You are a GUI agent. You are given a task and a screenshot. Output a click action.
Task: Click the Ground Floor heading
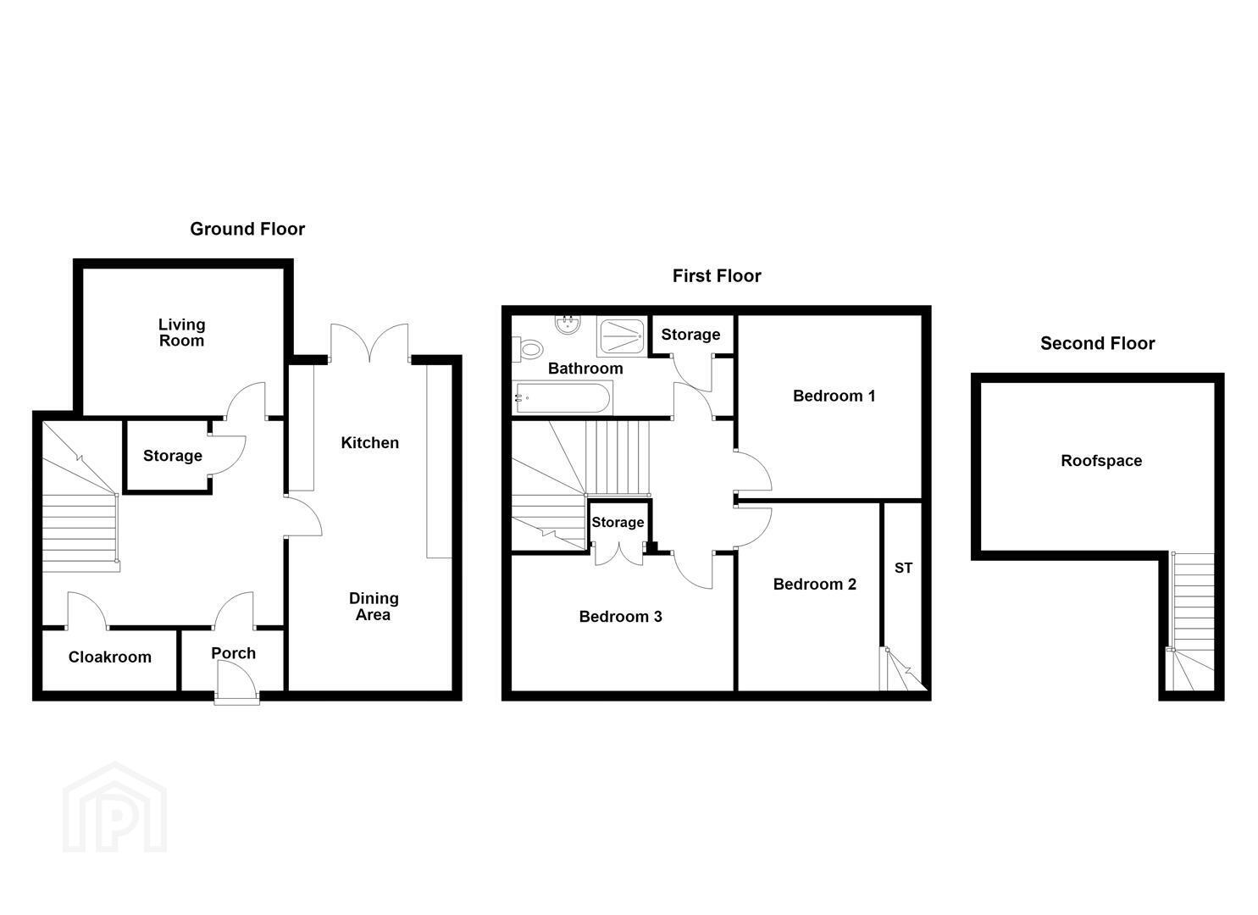coord(247,229)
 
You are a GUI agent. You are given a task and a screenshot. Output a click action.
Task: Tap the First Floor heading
coord(717,276)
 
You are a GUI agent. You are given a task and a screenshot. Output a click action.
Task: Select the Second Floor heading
coord(1097,343)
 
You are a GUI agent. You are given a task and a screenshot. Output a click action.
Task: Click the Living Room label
coord(181,332)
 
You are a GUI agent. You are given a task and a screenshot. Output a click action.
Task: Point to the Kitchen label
coord(369,442)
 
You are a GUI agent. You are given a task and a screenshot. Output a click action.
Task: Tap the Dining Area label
coord(374,606)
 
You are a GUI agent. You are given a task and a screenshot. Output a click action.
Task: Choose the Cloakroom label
coord(110,657)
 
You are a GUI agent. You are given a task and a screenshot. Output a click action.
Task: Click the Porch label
coord(234,652)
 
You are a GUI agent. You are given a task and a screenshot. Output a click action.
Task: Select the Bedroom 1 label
coord(834,396)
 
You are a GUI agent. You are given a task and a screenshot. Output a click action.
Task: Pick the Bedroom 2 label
coord(814,585)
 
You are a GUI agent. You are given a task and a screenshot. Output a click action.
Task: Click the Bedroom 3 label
coord(621,617)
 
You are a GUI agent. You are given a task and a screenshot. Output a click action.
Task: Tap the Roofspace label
coord(1101,461)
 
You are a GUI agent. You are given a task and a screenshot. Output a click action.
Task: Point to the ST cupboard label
coord(903,568)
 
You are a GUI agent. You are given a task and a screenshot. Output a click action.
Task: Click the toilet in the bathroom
coord(529,349)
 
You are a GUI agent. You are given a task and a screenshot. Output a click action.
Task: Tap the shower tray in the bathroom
coord(623,336)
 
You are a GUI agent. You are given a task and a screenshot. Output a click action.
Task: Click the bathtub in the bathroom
coord(562,397)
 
